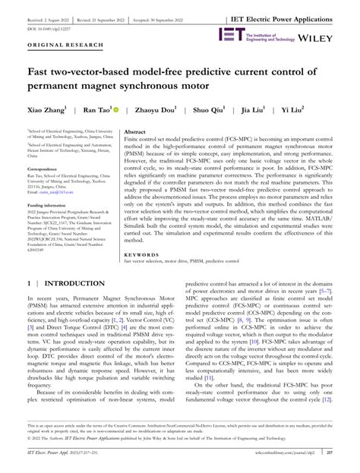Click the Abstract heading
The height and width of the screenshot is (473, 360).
pos(136,131)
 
